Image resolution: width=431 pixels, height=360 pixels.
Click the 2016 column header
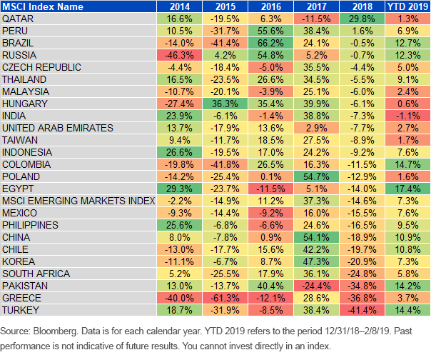[270, 6]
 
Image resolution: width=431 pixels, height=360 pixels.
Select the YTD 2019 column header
[407, 6]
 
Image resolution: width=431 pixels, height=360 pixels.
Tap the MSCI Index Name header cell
[43, 6]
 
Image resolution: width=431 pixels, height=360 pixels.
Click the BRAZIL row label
[18, 43]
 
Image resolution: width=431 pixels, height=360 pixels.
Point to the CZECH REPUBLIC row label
[42, 67]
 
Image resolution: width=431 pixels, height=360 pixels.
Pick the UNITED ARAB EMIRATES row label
[58, 128]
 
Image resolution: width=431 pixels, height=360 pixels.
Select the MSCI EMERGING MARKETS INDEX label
[78, 201]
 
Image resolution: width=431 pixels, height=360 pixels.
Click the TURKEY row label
[21, 310]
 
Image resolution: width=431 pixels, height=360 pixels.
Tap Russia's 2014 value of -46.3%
[179, 55]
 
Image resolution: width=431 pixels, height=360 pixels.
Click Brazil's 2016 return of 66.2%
[270, 43]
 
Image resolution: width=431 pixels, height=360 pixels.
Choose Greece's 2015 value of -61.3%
[225, 298]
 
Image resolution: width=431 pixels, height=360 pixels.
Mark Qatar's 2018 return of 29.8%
[362, 19]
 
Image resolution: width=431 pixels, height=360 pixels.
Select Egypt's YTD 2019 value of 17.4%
[407, 189]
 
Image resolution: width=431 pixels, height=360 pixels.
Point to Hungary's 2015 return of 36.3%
[225, 104]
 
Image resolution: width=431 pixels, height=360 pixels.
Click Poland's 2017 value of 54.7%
[316, 176]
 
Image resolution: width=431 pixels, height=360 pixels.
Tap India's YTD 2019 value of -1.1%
[407, 116]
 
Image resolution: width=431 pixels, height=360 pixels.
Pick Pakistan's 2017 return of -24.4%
[316, 286]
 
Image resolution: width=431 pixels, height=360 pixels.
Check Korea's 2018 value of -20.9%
[362, 261]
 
